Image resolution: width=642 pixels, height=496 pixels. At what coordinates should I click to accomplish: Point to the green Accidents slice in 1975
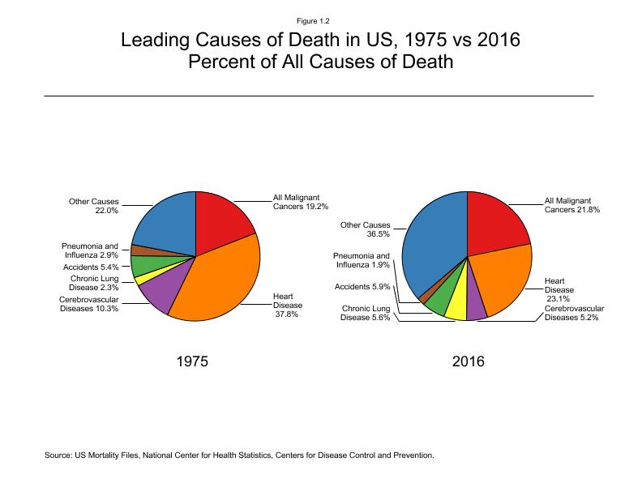coord(143,264)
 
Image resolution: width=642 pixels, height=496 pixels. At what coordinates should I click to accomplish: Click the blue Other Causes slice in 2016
coord(434,243)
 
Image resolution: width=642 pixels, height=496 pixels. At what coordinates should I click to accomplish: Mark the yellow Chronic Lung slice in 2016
coord(457,306)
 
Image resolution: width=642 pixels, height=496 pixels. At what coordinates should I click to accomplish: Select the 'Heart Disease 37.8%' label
coord(288,305)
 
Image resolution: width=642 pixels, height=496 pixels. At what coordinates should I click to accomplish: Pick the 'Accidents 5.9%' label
coord(363,286)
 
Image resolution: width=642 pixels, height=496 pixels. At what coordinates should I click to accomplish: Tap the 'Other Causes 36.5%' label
coord(365,229)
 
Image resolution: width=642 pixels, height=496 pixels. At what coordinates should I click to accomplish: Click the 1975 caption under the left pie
coord(192,362)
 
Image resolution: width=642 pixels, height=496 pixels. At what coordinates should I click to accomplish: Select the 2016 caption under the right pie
coord(468,362)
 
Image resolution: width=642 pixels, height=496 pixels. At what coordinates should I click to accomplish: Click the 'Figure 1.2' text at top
coord(320,20)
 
